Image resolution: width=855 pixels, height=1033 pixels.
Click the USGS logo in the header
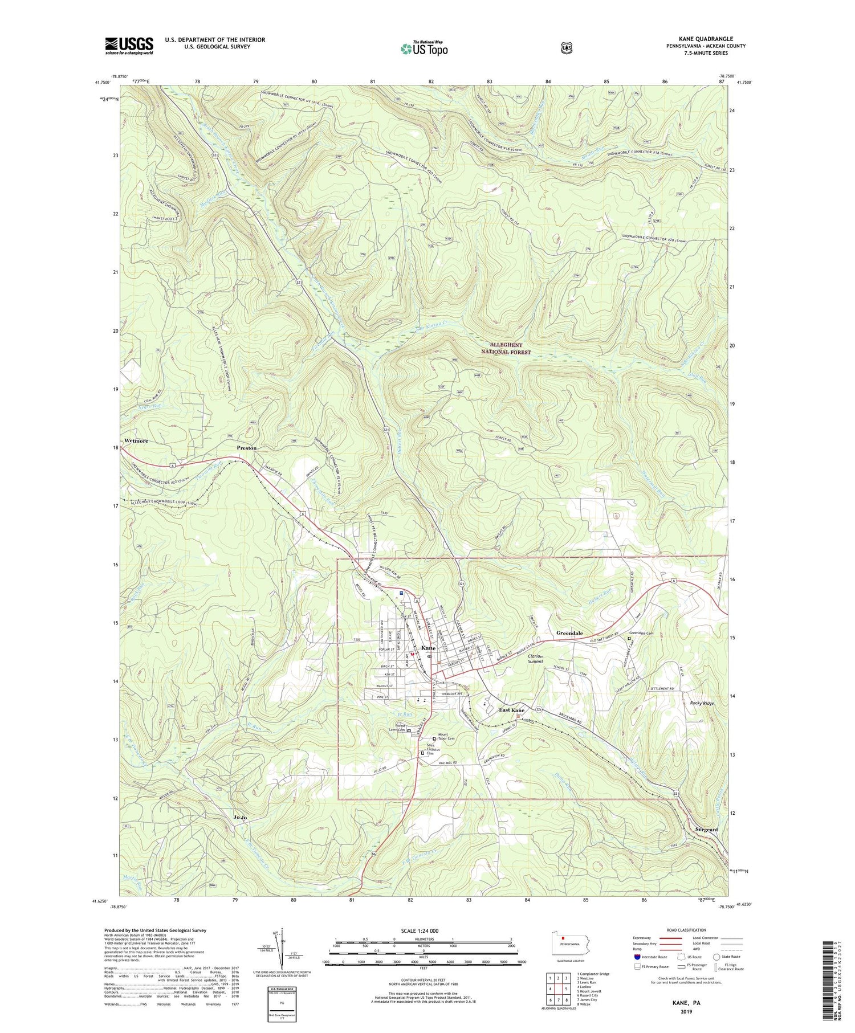129,46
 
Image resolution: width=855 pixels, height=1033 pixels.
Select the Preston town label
247,448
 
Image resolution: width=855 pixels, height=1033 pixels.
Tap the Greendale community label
569,633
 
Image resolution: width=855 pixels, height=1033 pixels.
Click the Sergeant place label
707,830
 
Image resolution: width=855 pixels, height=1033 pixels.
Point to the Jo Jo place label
241,818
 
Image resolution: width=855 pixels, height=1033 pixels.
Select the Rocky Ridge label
702,703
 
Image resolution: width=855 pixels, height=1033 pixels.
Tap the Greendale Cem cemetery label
641,633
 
